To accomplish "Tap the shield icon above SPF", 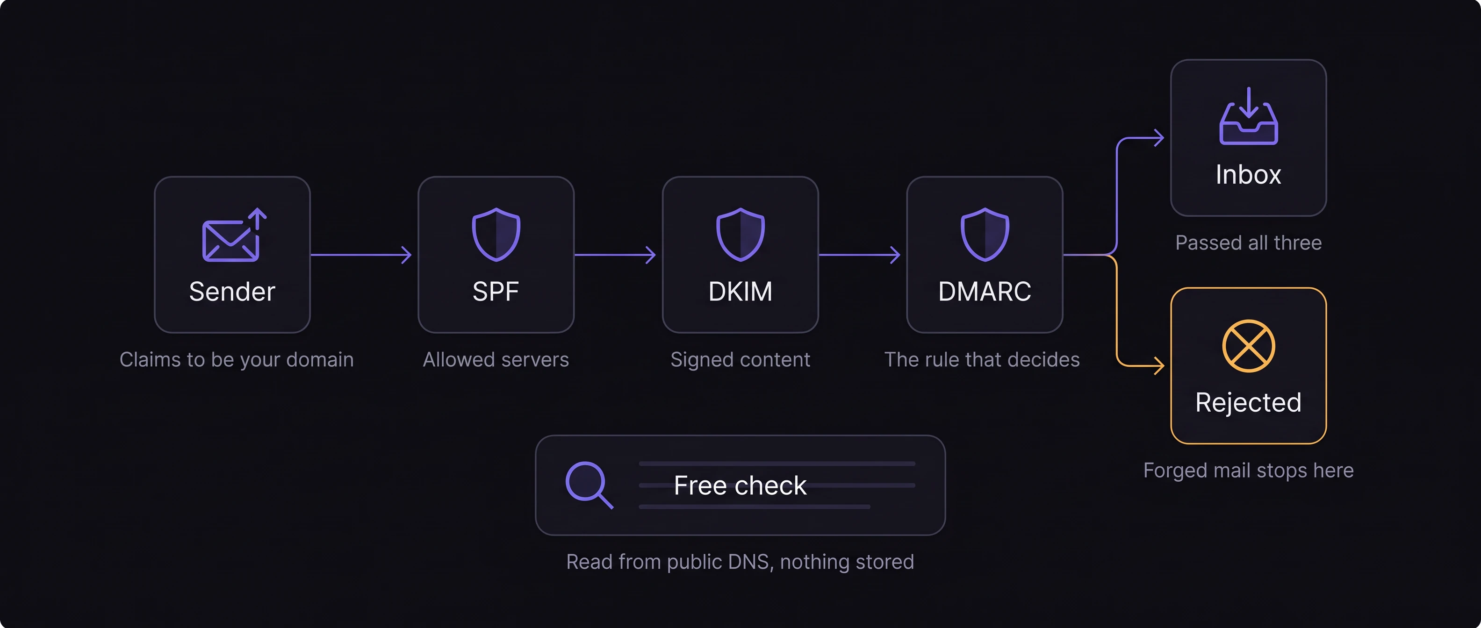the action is [496, 235].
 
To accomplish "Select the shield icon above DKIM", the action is [740, 235].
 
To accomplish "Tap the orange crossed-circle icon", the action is [1249, 346].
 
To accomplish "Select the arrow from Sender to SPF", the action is [361, 255].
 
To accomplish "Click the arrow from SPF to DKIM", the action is [615, 255].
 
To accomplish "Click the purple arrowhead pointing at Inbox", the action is [1159, 138].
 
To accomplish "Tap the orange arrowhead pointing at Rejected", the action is [1159, 365].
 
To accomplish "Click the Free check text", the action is [740, 485].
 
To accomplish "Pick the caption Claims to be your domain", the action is [236, 360].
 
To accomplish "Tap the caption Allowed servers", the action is [496, 360].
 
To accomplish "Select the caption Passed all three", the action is [1249, 243].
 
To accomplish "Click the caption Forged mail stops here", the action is [1249, 471].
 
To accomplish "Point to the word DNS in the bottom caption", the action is [748, 562].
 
